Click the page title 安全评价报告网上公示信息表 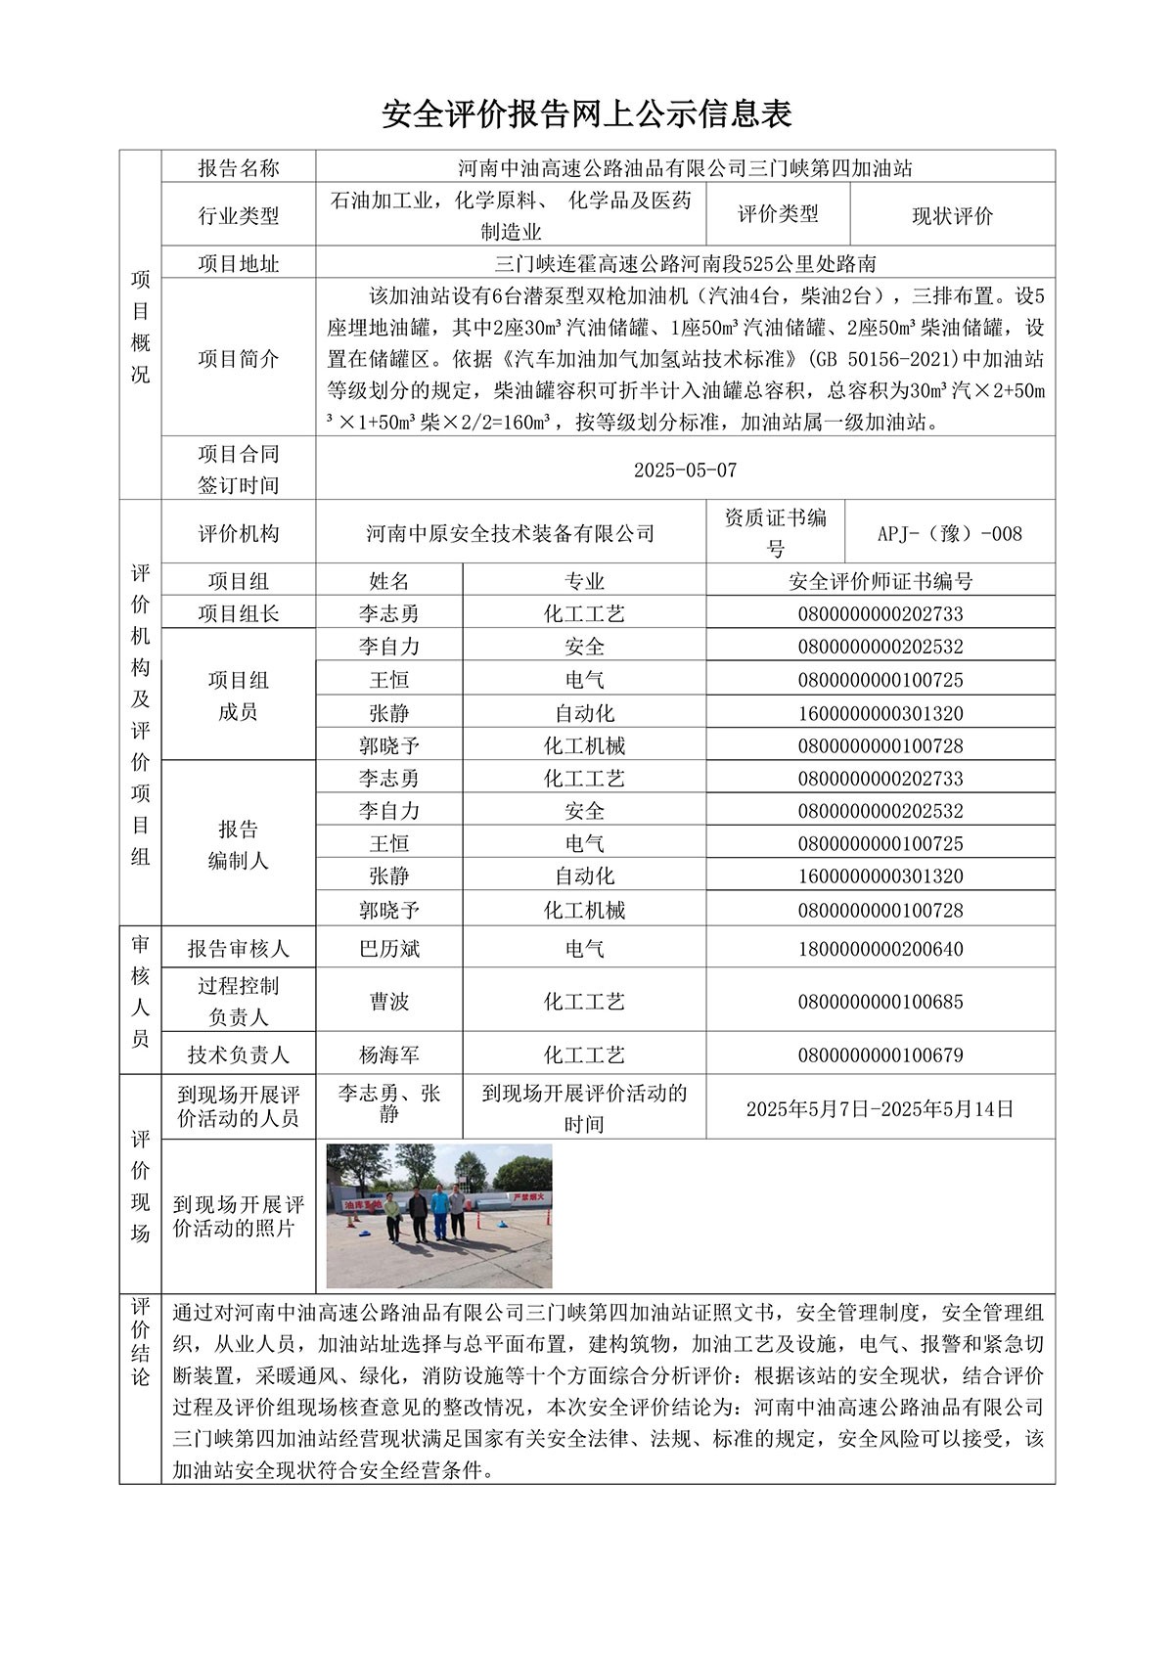coord(586,114)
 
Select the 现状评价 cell coord(952,216)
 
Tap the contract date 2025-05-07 coord(685,470)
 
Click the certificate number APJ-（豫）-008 coord(949,533)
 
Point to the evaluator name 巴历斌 coord(388,948)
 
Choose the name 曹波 coord(388,1002)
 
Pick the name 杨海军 coord(388,1054)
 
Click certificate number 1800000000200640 coord(880,948)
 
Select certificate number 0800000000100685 coord(880,1002)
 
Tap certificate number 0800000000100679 coord(880,1054)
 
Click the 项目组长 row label coord(238,613)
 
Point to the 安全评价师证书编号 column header coord(880,581)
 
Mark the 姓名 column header coord(388,581)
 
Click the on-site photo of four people coord(439,1215)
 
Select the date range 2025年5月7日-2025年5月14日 coord(880,1108)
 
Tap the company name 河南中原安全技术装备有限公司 coord(510,533)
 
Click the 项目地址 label coord(238,263)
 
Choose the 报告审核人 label coord(238,948)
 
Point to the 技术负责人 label coord(238,1054)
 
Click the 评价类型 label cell coord(778,214)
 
